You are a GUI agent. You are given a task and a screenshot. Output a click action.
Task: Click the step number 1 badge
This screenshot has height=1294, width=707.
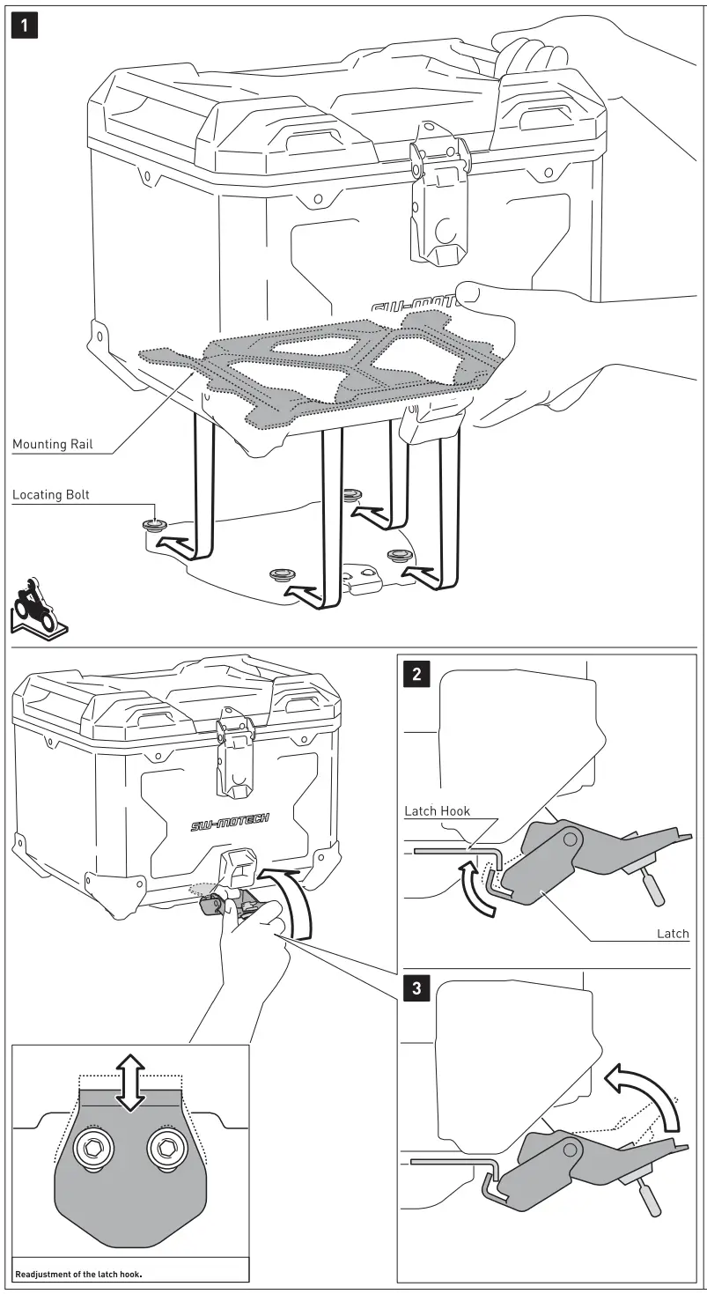(26, 26)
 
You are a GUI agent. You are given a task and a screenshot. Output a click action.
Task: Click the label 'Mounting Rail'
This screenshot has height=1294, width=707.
(52, 444)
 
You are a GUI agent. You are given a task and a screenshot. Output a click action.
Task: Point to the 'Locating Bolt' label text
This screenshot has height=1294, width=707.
(51, 495)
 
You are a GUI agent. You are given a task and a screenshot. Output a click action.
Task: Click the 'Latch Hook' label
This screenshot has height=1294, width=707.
(438, 810)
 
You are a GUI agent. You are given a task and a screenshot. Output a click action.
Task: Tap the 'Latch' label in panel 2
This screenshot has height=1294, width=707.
(673, 933)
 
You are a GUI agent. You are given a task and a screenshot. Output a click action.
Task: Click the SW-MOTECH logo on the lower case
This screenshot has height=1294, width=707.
(230, 825)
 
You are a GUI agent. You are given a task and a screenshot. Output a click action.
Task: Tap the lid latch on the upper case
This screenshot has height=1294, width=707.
(437, 203)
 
